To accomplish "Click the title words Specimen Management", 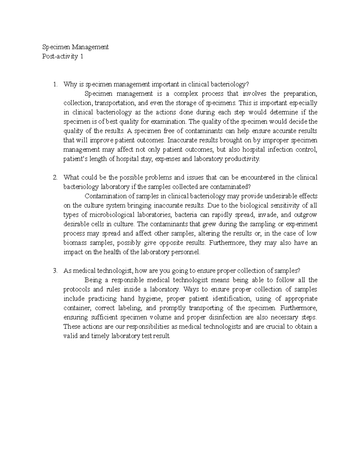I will (x=75, y=47).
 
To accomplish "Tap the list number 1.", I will (x=55, y=85).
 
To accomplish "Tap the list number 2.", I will (x=55, y=178).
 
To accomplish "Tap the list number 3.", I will (x=55, y=271).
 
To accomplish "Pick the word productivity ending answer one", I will (x=242, y=159).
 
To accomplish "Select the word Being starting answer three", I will (x=93, y=280).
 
